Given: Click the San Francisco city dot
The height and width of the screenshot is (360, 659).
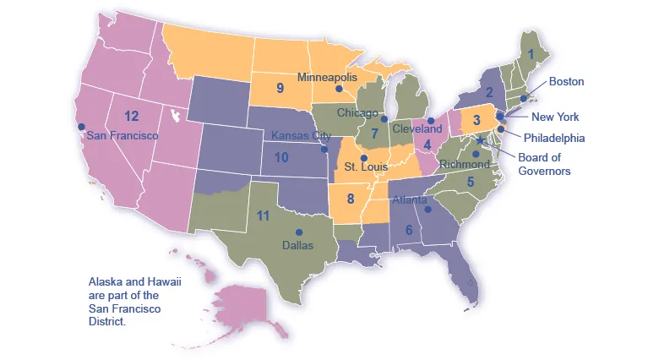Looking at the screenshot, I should coord(81,127).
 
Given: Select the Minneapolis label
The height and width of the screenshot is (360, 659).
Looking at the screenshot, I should coord(328,77).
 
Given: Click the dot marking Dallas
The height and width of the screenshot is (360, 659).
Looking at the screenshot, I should coord(297,232).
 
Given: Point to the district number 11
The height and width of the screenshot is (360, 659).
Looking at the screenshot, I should coord(263,216).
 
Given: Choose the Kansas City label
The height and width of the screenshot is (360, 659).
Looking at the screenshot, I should coord(301,135).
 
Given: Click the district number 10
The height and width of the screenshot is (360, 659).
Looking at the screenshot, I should coord(281,157).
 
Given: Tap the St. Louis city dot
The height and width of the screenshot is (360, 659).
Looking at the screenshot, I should coord(364,157).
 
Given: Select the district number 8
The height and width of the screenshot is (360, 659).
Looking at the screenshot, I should coord(350,199).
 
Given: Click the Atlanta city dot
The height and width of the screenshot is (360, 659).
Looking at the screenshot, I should coord(428,209).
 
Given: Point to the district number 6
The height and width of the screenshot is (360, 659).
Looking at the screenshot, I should coord(409,230).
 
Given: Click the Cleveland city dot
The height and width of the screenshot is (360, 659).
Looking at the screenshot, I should coord(431,120).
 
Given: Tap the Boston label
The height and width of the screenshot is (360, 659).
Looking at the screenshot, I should coord(566,82).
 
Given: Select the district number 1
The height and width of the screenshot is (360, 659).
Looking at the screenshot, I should coord(531,54).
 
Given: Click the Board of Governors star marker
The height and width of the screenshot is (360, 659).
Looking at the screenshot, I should coord(481,140).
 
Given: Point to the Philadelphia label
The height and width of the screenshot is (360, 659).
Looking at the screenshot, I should coord(553,138).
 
